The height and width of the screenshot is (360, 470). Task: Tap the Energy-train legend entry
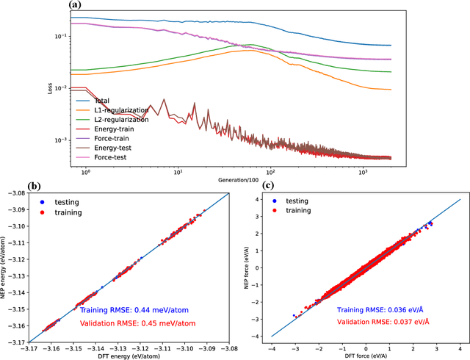113,127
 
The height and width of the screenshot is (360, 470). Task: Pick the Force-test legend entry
109,155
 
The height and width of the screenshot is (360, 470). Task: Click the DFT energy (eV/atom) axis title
129,356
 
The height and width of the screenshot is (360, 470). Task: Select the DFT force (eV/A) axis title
366,356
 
